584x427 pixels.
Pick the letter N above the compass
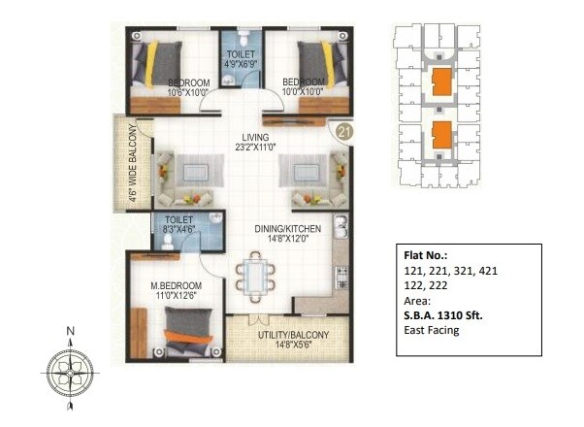pyautogui.click(x=70, y=331)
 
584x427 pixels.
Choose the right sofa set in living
pyautogui.click(x=311, y=178)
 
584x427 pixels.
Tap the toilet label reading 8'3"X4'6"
pyautogui.click(x=180, y=227)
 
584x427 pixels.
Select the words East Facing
pyautogui.click(x=432, y=330)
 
